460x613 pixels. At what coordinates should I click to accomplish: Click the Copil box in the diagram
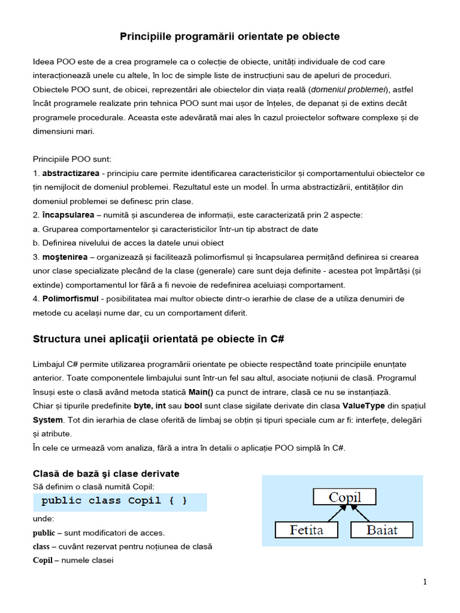point(344,497)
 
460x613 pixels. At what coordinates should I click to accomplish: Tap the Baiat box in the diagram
point(382,530)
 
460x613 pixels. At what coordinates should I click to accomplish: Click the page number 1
point(425,582)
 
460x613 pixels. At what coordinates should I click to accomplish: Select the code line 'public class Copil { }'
point(114,501)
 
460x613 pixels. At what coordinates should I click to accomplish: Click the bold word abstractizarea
point(71,173)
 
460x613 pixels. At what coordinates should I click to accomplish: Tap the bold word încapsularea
point(68,214)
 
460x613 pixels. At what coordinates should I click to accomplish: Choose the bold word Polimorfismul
point(70,298)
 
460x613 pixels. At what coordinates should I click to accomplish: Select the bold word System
point(47,420)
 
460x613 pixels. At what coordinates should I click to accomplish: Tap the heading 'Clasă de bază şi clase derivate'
point(106,474)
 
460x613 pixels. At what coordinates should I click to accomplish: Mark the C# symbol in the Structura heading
point(277,339)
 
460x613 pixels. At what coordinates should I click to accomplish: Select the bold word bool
point(193,406)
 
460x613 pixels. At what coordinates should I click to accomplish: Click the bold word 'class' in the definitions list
point(41,547)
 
